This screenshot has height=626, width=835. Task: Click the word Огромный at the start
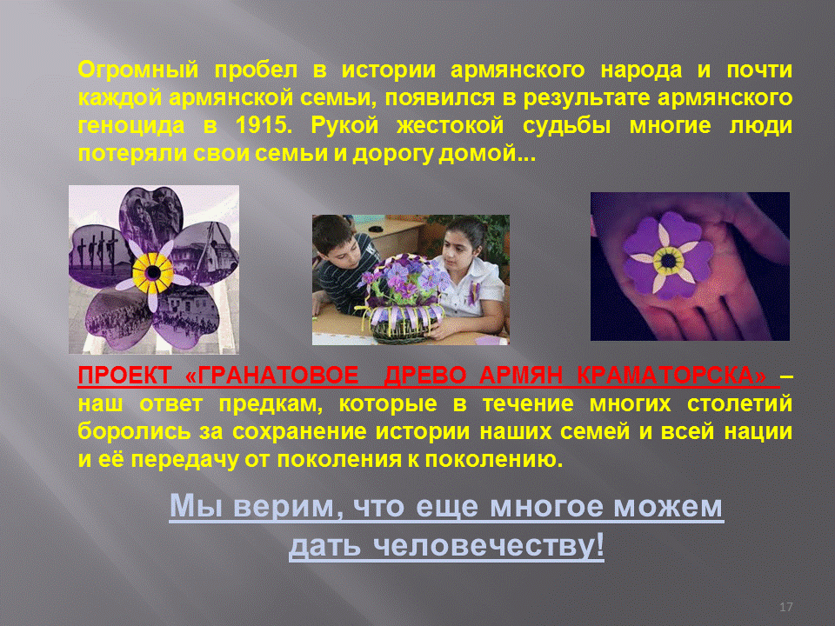[x=138, y=70]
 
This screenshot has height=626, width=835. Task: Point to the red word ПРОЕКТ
[x=125, y=376]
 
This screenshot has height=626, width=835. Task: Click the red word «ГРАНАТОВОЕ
[x=272, y=376]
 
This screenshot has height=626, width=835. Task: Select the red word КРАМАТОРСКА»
[x=672, y=376]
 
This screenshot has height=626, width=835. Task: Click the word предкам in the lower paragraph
[x=271, y=404]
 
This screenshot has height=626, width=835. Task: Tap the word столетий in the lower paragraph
[x=739, y=404]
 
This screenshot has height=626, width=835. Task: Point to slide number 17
[x=785, y=607]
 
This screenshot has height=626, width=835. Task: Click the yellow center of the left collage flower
[x=153, y=273]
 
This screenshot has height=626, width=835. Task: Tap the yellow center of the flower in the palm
[x=669, y=260]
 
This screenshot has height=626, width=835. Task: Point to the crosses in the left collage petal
[x=97, y=250]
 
